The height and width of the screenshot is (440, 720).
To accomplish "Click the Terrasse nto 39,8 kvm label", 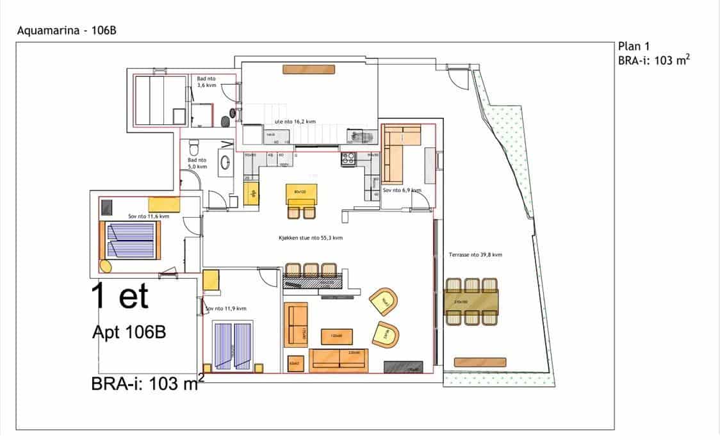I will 475,254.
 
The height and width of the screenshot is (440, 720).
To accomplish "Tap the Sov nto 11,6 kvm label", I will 148,216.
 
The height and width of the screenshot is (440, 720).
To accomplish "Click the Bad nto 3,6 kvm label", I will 206,81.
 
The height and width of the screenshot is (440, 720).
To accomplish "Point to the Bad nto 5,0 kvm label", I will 197,163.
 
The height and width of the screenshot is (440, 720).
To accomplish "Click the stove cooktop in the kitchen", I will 348,158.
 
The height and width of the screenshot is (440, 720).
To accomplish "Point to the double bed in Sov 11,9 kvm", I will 232,345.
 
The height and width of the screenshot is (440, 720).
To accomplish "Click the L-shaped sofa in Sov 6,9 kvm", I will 400,154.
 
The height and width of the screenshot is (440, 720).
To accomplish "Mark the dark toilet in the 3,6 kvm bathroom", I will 225,121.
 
